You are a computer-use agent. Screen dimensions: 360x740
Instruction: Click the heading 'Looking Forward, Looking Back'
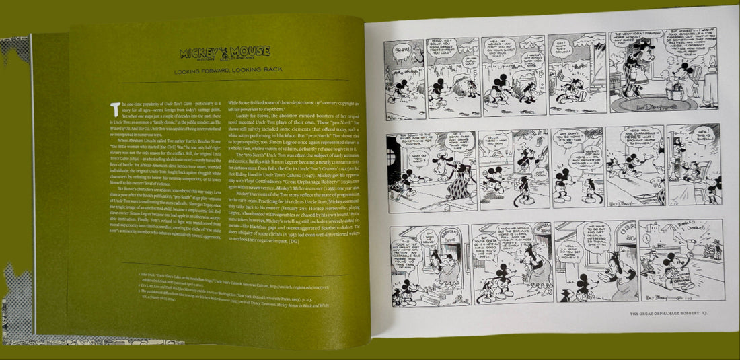pos(225,70)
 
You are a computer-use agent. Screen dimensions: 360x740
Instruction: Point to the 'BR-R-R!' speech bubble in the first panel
pos(400,50)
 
